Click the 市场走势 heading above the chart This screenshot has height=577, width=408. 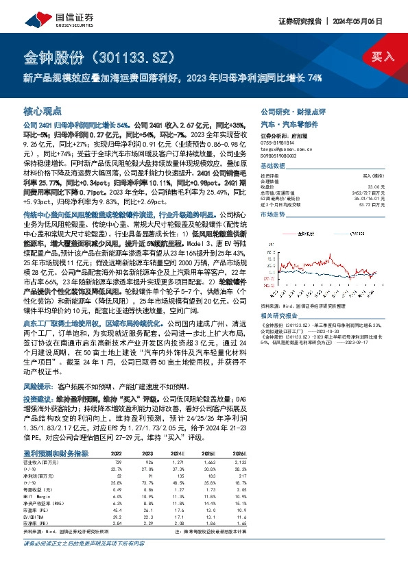point(273,215)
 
